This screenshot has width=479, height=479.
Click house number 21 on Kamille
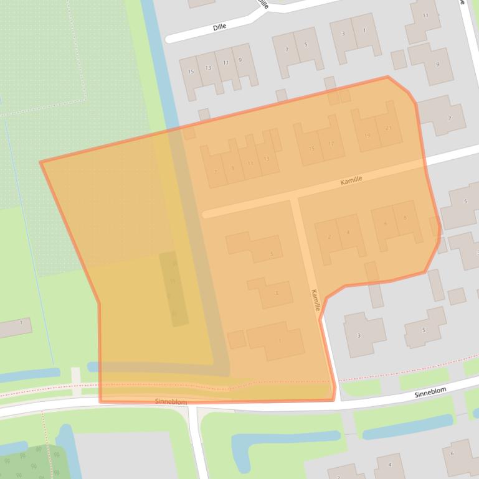click(389, 128)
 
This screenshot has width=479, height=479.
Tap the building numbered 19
click(368, 135)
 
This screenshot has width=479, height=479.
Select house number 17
click(331, 144)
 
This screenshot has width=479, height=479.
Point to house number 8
click(405, 218)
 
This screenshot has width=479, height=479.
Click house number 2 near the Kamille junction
click(329, 236)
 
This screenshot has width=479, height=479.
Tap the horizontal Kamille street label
click(351, 179)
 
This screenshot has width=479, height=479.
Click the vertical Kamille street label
click(316, 300)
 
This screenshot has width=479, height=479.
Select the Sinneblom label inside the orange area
click(171, 402)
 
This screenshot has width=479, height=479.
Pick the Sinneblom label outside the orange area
click(430, 395)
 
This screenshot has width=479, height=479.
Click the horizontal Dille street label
click(219, 27)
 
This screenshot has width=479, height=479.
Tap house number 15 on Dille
click(191, 72)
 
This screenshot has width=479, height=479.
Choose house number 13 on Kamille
click(267, 159)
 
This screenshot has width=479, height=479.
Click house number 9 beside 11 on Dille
click(240, 60)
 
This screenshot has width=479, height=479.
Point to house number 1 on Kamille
click(280, 340)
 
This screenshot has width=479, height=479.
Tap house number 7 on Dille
click(287, 49)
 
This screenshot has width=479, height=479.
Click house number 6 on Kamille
click(386, 223)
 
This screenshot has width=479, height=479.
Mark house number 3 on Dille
click(343, 34)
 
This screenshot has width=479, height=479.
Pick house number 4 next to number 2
click(348, 233)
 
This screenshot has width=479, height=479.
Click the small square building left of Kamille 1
click(236, 340)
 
